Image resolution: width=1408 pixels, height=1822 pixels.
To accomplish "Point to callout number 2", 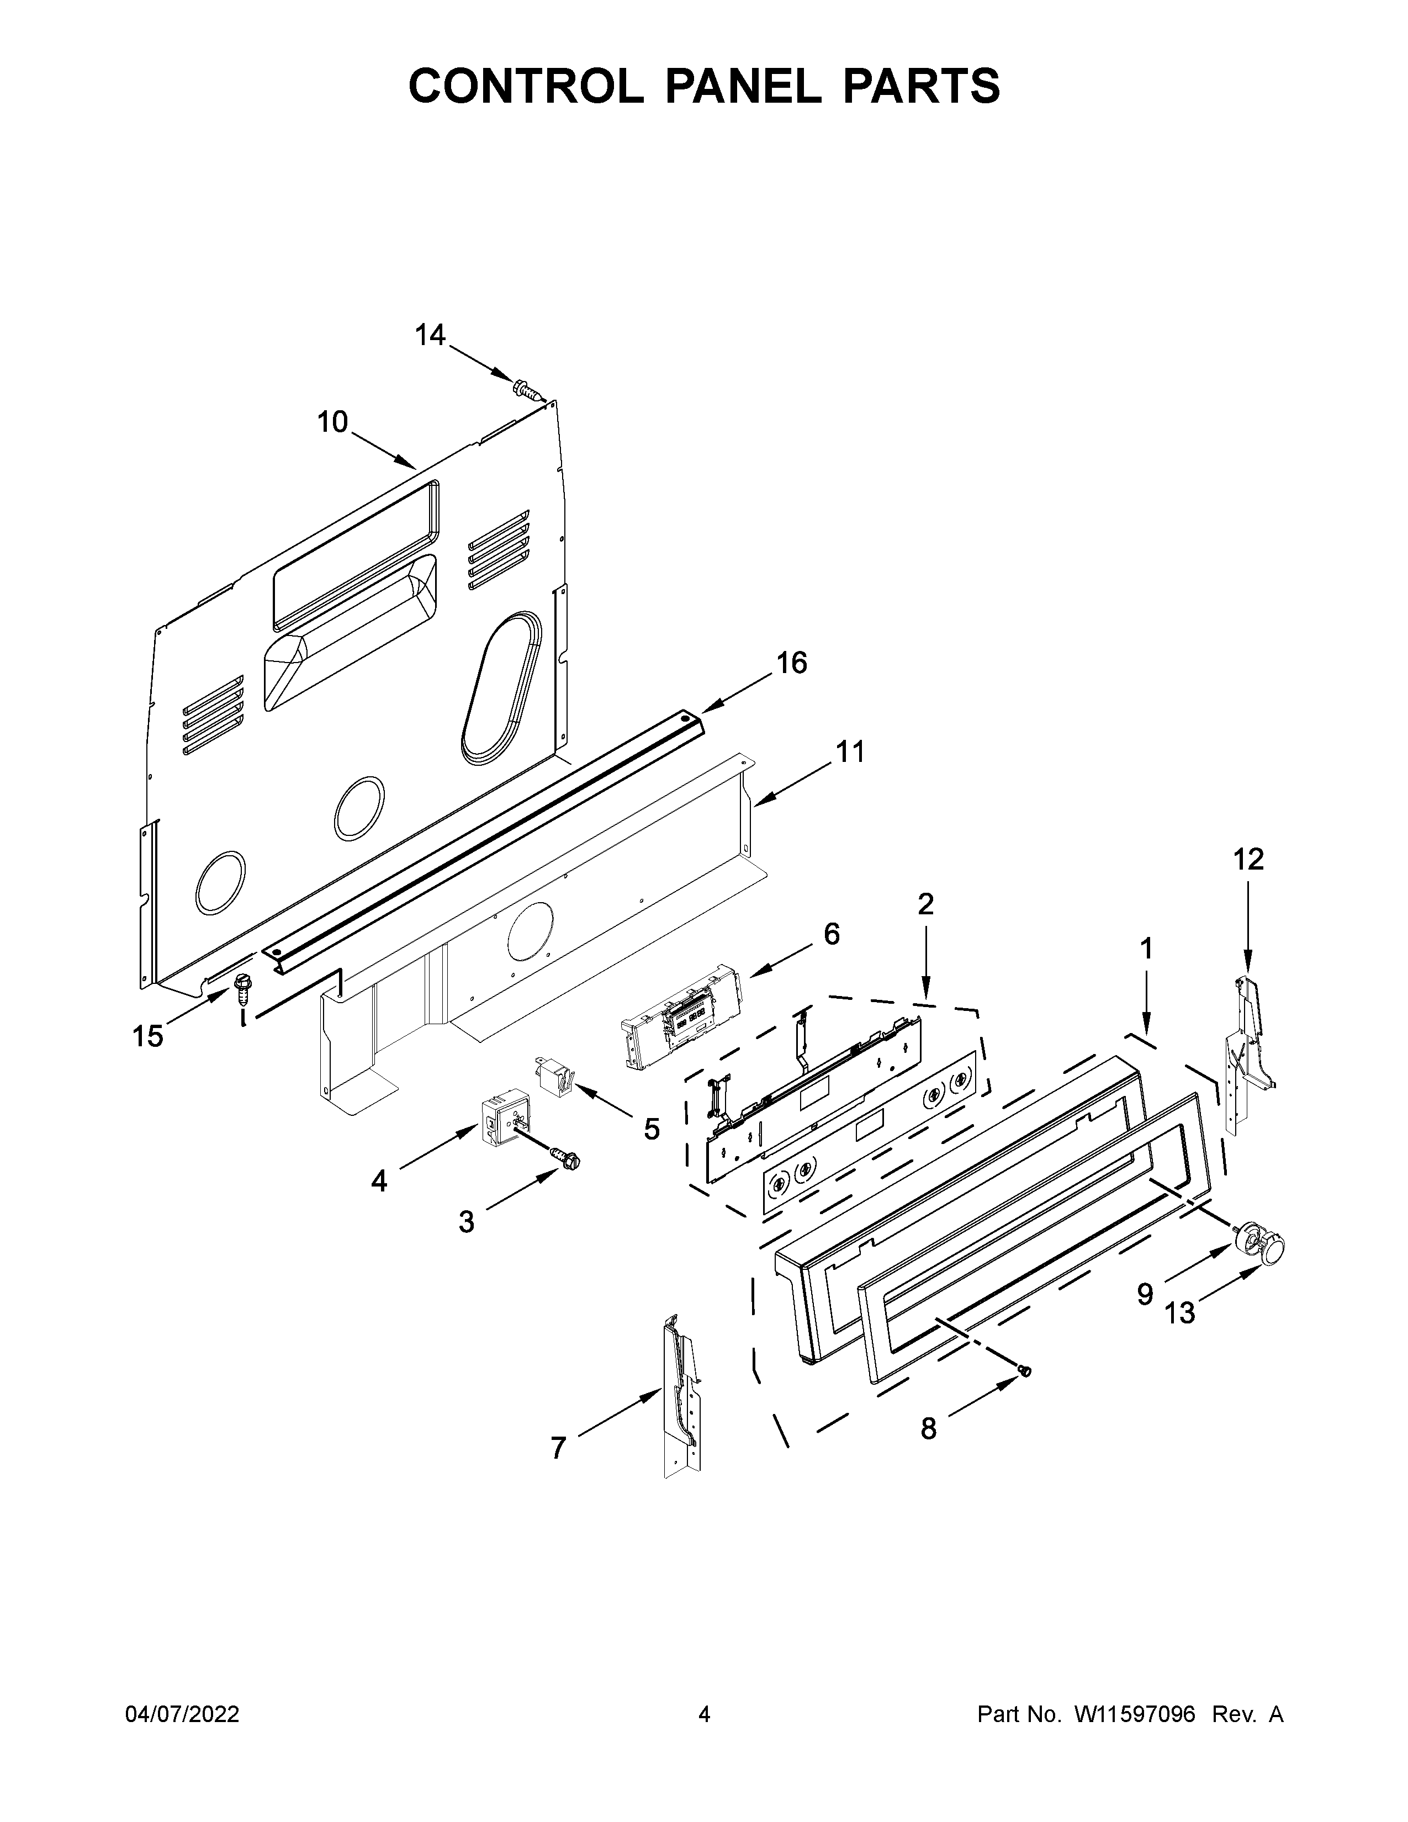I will [925, 903].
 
